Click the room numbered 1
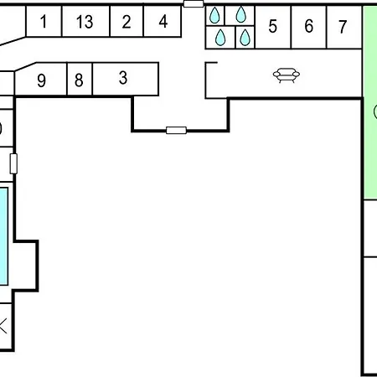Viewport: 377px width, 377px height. point(44,21)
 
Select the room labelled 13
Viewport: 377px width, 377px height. point(85,21)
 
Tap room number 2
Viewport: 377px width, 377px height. point(127,21)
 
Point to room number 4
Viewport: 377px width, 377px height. point(163,21)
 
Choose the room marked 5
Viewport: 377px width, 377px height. point(273,27)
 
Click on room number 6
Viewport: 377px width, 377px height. point(308,27)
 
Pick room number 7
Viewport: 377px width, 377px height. point(344,27)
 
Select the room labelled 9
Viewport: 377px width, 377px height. point(41,80)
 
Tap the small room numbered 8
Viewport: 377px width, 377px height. point(80,80)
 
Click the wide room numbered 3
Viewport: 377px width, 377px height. point(126,79)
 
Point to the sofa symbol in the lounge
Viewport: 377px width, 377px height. point(287,75)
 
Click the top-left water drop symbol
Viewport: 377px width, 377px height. point(214,15)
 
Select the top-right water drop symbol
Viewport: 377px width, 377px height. point(240,14)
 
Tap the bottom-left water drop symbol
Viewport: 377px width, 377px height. point(220,38)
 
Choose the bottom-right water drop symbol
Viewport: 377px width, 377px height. point(245,38)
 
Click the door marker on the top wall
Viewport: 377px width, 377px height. point(194,3)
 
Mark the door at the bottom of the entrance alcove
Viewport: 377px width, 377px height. point(176,131)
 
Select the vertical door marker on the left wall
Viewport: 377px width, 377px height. point(13,163)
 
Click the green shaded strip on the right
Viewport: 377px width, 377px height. point(370,103)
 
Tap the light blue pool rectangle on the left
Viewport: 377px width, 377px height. point(3,236)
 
